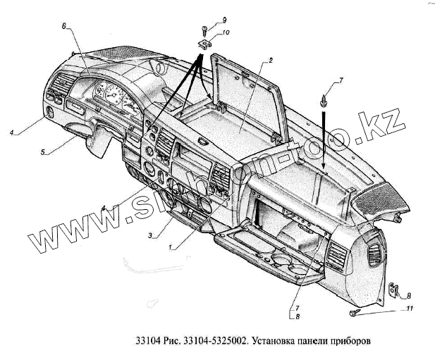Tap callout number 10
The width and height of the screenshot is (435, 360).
pyautogui.click(x=226, y=32)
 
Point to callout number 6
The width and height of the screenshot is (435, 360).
pyautogui.click(x=63, y=27)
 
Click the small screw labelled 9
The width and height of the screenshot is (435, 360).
pyautogui.click(x=203, y=31)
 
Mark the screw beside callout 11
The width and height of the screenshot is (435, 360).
pyautogui.click(x=354, y=311)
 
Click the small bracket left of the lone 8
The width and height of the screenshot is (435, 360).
pyautogui.click(x=393, y=291)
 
